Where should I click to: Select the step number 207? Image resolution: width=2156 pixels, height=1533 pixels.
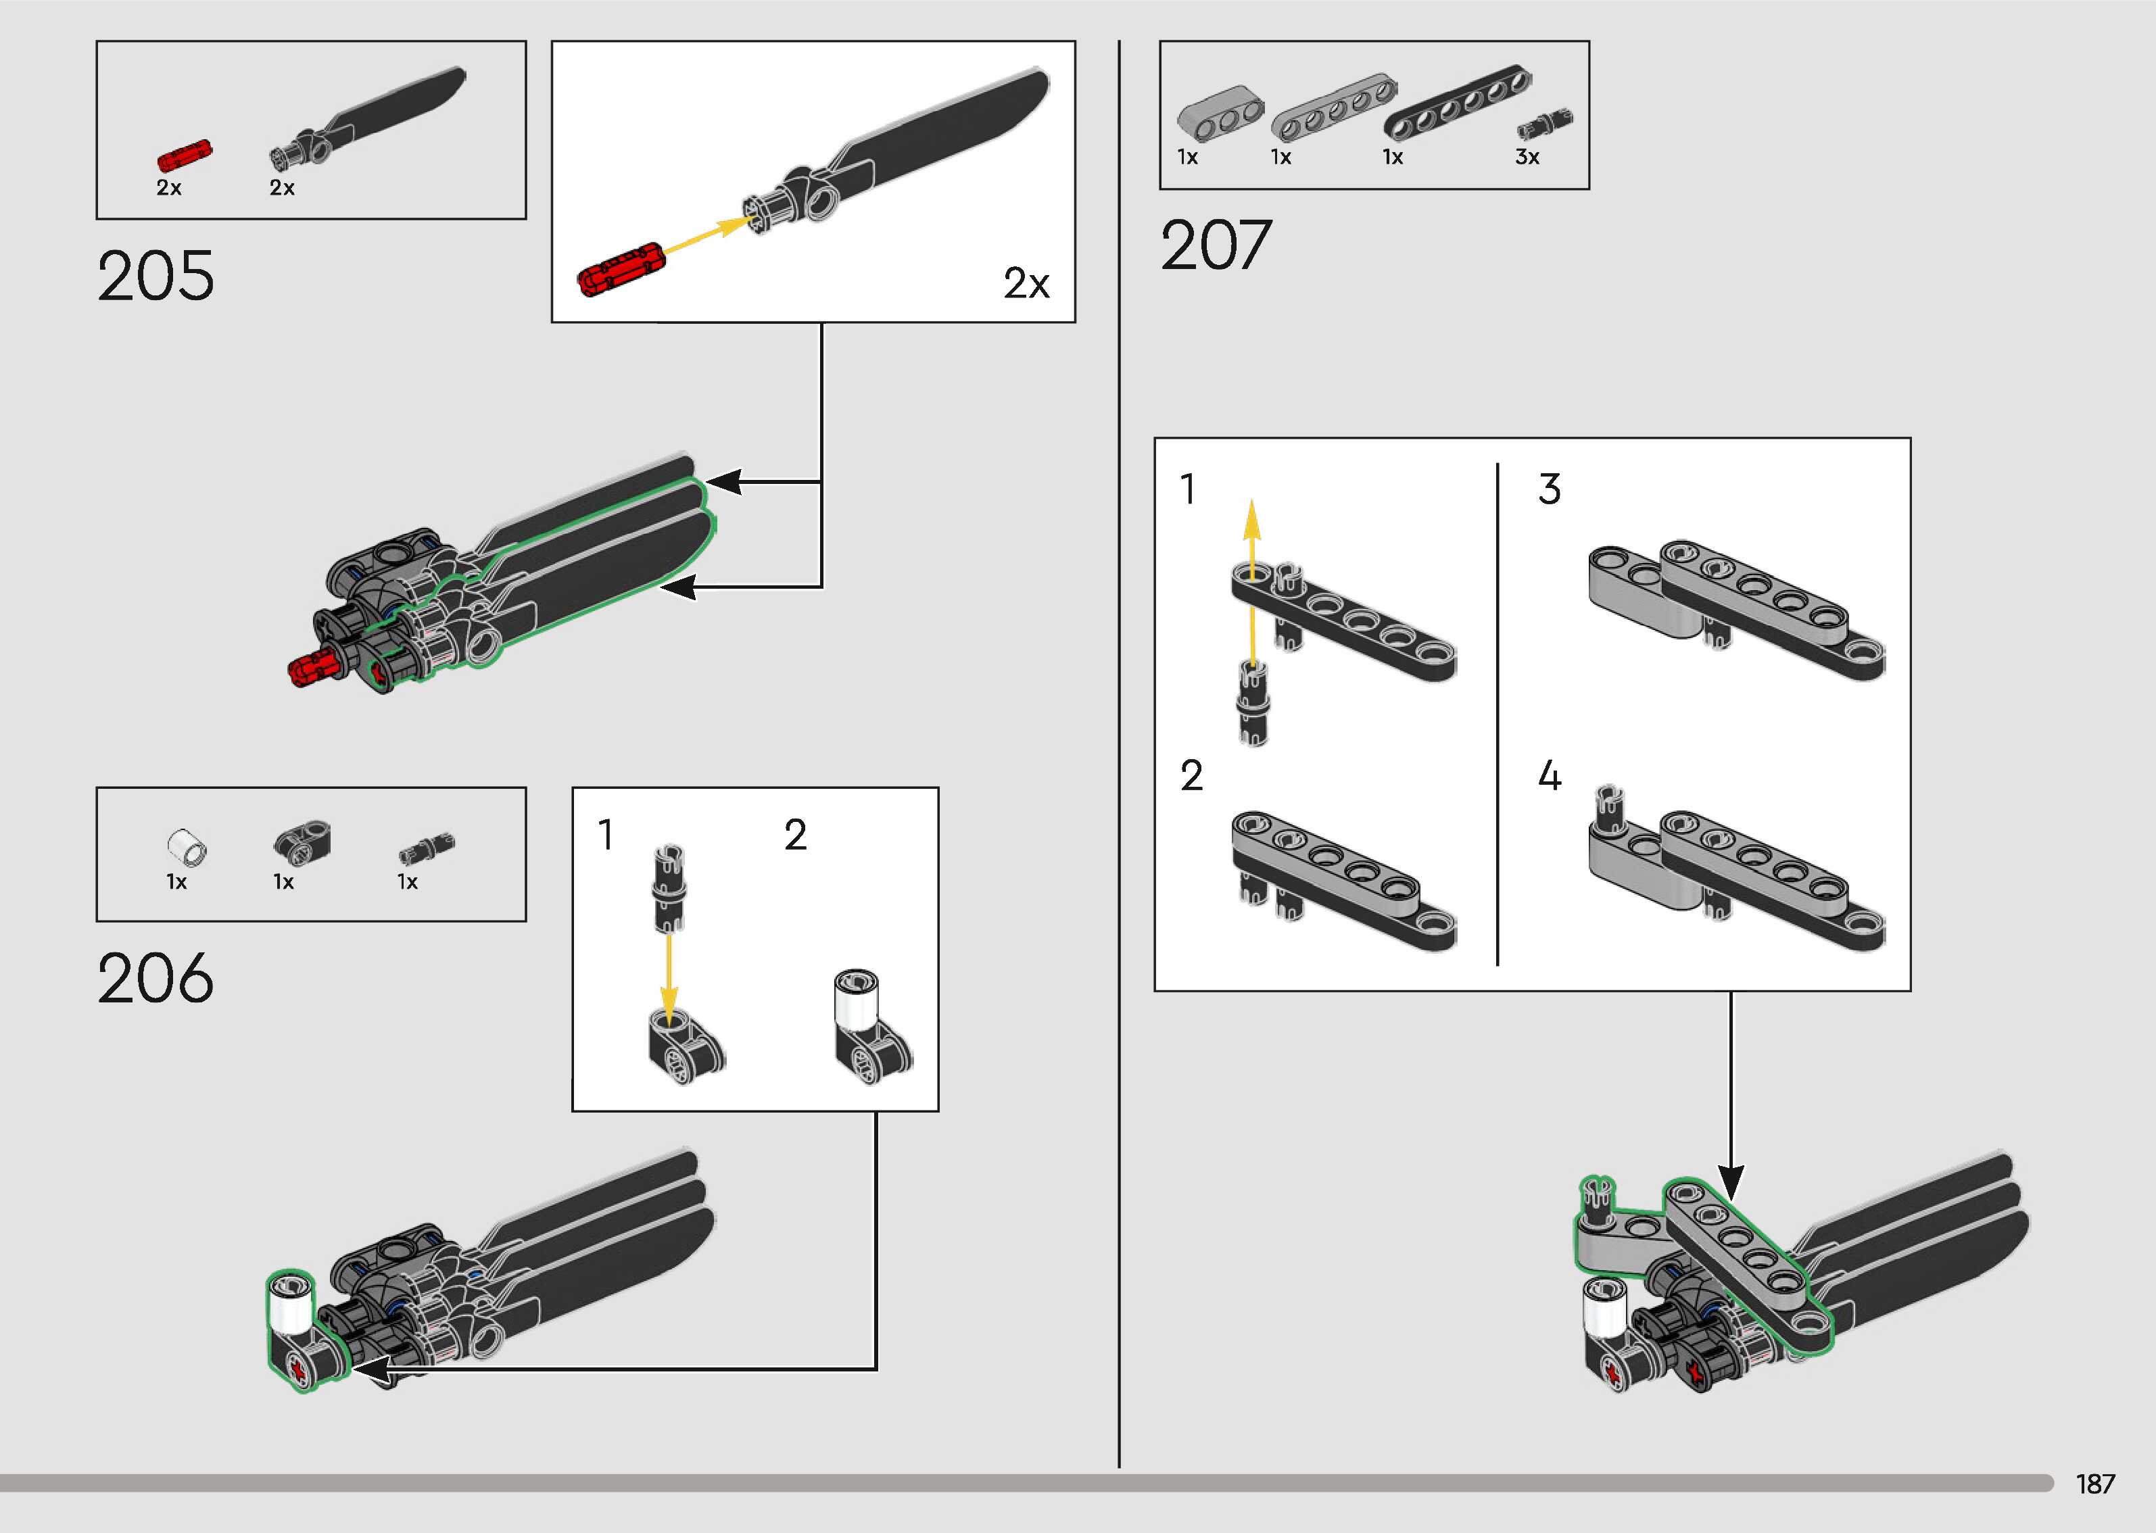(x=1216, y=245)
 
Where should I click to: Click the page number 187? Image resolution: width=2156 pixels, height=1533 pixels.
(x=2094, y=1484)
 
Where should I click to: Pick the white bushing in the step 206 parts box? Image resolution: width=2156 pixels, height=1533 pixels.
(x=187, y=847)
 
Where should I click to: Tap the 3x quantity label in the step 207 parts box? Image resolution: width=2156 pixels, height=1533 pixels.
(x=1527, y=157)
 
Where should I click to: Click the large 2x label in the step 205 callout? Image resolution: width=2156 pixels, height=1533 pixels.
(x=1026, y=283)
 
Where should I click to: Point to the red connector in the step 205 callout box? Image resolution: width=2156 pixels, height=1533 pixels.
(x=620, y=269)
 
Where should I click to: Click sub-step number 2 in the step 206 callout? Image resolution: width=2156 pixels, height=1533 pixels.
(x=795, y=835)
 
